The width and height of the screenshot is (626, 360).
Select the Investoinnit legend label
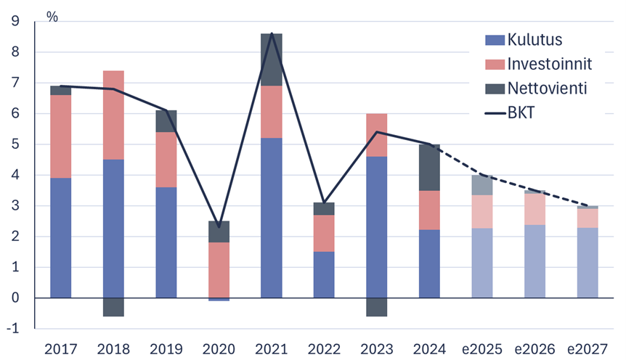coord(550,64)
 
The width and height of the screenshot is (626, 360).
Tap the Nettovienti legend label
coord(547,88)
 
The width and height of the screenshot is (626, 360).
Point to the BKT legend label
coord(522,112)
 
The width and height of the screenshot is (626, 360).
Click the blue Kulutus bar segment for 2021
coord(272,218)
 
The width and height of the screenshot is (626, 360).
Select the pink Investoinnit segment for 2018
coord(113,115)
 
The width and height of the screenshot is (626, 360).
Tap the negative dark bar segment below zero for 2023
coord(377,307)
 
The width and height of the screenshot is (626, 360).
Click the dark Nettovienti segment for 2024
coord(429,168)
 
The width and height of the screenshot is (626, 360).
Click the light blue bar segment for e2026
coord(534,261)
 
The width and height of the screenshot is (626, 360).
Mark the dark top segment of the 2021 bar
coord(272,60)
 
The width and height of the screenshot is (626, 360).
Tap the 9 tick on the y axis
coord(15,22)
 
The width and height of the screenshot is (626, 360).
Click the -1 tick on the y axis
coord(12,329)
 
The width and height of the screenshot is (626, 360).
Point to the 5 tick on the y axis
coord(15,144)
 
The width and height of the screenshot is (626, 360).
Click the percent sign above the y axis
coord(52,16)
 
